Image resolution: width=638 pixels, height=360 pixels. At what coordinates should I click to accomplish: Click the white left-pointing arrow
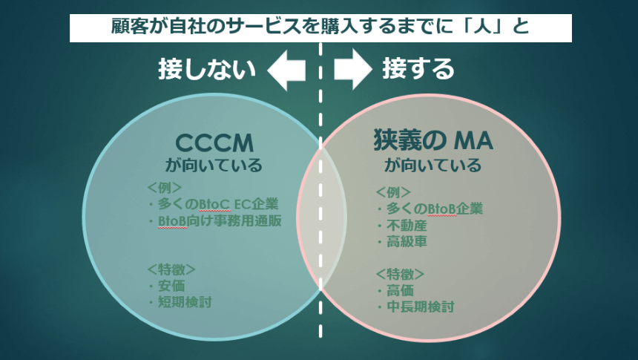point(286,69)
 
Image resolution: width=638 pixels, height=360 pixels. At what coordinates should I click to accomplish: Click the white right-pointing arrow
point(353,69)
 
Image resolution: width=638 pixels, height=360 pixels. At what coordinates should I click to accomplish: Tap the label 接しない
point(207,69)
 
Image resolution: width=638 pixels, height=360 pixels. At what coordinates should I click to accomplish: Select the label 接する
point(418,68)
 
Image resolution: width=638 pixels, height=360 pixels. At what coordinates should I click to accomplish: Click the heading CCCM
point(214,143)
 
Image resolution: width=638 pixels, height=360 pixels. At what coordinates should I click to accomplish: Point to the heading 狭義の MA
point(433,140)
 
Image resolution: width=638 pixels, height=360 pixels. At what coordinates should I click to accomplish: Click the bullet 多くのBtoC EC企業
point(213,203)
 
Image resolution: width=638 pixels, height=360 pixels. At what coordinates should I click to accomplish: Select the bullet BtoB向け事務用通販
point(214,220)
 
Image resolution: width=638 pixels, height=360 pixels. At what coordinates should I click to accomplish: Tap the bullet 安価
point(166,286)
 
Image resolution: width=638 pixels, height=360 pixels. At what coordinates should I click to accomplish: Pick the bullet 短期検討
point(180,302)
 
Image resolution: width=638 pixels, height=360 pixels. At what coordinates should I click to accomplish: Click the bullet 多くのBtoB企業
point(430,209)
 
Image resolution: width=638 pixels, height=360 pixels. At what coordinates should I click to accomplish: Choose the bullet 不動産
point(401,225)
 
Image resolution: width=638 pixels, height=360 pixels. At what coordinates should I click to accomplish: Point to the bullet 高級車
point(401,241)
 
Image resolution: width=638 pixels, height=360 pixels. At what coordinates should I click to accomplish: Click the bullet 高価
point(395,290)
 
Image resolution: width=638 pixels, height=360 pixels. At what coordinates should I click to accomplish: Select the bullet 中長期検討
point(415,307)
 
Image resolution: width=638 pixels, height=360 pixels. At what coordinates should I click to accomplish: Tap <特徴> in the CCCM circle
point(171,269)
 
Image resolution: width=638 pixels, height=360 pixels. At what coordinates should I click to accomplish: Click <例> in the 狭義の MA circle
point(393,192)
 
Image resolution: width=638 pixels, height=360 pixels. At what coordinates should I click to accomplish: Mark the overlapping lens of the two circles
point(320,217)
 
